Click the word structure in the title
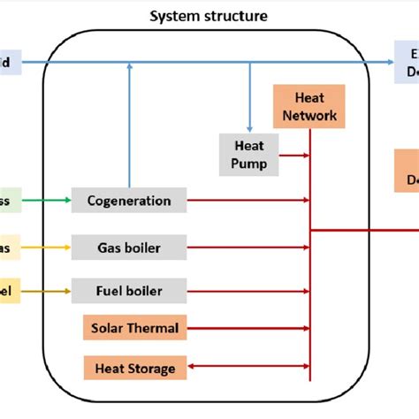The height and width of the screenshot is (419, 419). pos(233,16)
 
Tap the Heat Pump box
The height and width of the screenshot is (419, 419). pos(248,154)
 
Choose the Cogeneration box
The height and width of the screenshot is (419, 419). pos(129,201)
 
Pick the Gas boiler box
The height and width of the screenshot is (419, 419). pos(129,248)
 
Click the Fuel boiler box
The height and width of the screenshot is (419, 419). pos(129,290)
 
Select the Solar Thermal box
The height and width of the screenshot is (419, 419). pos(134,329)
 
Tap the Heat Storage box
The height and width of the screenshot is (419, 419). pos(135,368)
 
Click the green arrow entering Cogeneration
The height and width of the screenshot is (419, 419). pos(44,201)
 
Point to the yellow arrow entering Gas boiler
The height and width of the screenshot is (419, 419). pos(44,248)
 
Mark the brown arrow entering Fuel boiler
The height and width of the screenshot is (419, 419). pos(44,290)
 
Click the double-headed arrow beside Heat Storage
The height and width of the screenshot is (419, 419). pos(248,368)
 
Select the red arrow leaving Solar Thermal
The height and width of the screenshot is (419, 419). pos(248,329)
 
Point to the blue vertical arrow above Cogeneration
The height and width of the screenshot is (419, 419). pos(130,124)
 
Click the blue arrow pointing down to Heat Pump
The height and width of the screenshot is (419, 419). pos(249,97)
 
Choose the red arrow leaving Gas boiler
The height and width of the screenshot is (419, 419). pos(248,248)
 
